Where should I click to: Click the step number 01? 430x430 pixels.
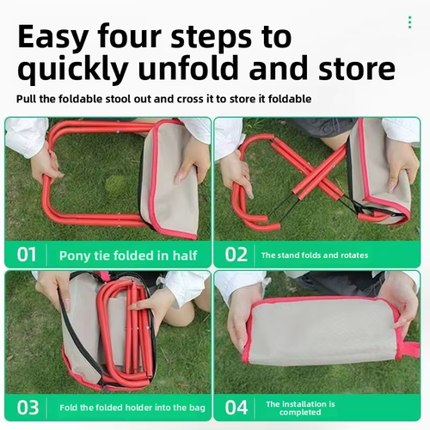(27, 255)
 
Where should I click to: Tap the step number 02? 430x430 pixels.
(236, 255)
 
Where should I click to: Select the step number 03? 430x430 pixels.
(28, 408)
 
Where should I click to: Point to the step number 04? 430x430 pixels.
(236, 408)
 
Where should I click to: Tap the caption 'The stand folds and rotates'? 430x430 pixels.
(314, 255)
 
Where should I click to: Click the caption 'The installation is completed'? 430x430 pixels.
(300, 408)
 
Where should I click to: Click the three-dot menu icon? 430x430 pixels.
(409, 22)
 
